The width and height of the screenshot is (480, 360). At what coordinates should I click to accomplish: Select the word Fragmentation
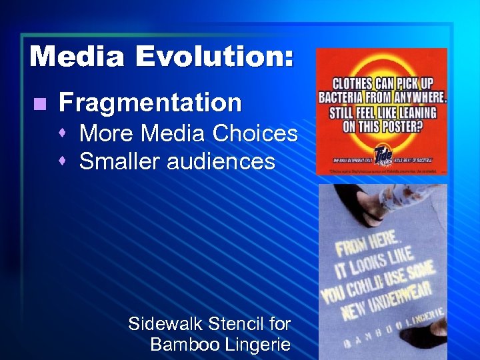pyautogui.click(x=150, y=103)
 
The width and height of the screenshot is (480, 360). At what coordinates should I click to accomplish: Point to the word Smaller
pyautogui.click(x=119, y=161)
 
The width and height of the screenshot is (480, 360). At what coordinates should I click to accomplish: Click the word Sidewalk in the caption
pyautogui.click(x=165, y=324)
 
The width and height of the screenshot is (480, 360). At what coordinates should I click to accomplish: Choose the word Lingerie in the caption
pyautogui.click(x=256, y=345)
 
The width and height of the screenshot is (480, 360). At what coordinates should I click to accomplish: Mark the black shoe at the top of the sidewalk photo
pyautogui.click(x=353, y=203)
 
